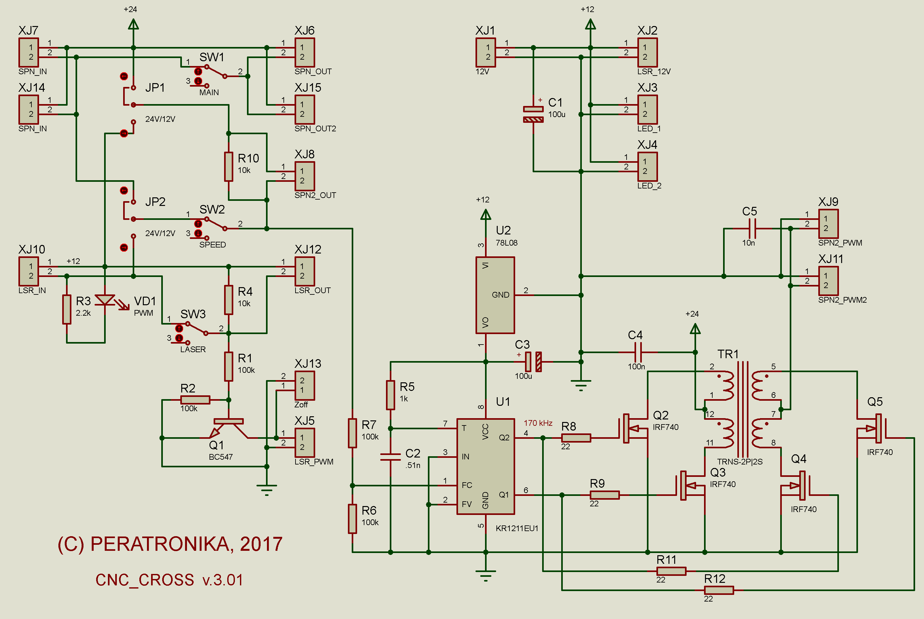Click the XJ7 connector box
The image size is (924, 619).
pyautogui.click(x=29, y=52)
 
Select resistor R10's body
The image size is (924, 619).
pyautogui.click(x=228, y=166)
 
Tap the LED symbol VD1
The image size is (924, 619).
pyautogui.click(x=105, y=300)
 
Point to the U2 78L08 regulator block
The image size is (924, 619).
pyautogui.click(x=495, y=295)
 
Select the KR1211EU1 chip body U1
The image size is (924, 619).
pyautogui.click(x=485, y=466)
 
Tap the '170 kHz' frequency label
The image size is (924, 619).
pyautogui.click(x=538, y=423)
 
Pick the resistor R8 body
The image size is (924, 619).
pyautogui.click(x=576, y=438)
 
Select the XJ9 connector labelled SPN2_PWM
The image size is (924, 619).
pyautogui.click(x=828, y=223)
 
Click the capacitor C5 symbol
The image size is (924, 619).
pyautogui.click(x=752, y=228)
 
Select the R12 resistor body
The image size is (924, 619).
pyautogui.click(x=719, y=590)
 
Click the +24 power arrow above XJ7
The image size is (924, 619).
pyautogui.click(x=133, y=24)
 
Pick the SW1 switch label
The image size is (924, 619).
pyautogui.click(x=212, y=57)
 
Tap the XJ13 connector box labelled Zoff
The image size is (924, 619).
pyautogui.click(x=305, y=385)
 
